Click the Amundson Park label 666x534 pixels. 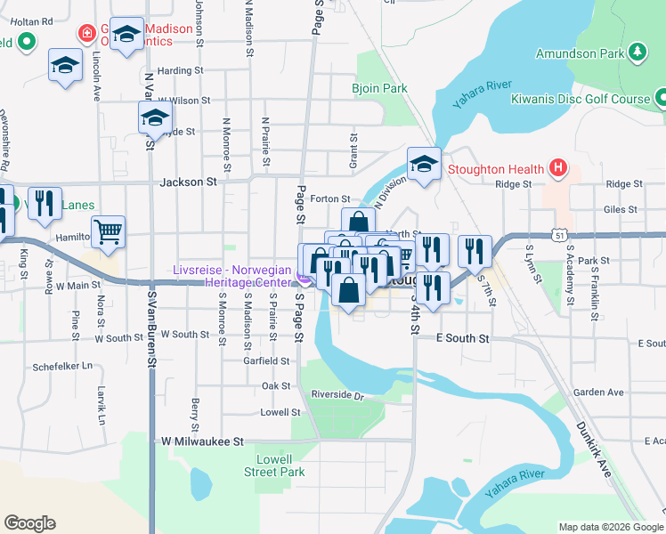(x=580, y=54)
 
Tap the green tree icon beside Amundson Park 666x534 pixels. (x=637, y=53)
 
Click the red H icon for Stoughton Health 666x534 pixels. (x=557, y=167)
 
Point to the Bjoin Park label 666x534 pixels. (x=379, y=88)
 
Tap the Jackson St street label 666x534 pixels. (x=188, y=182)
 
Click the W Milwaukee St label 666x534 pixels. (x=202, y=441)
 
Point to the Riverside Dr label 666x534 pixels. (x=338, y=394)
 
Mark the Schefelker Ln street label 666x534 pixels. (x=62, y=366)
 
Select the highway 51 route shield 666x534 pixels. (x=556, y=234)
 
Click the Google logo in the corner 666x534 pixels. (x=29, y=523)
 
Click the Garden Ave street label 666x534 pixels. (x=598, y=392)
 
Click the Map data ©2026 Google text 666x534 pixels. (x=611, y=527)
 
